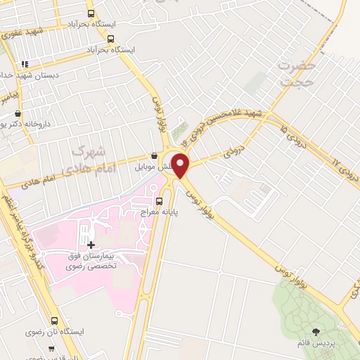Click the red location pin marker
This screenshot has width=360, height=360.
tap(181, 166)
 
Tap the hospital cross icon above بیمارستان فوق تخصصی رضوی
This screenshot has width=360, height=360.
tap(91, 244)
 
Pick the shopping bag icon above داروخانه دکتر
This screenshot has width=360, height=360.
tap(18, 113)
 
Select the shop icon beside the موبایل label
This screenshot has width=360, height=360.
tap(155, 155)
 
